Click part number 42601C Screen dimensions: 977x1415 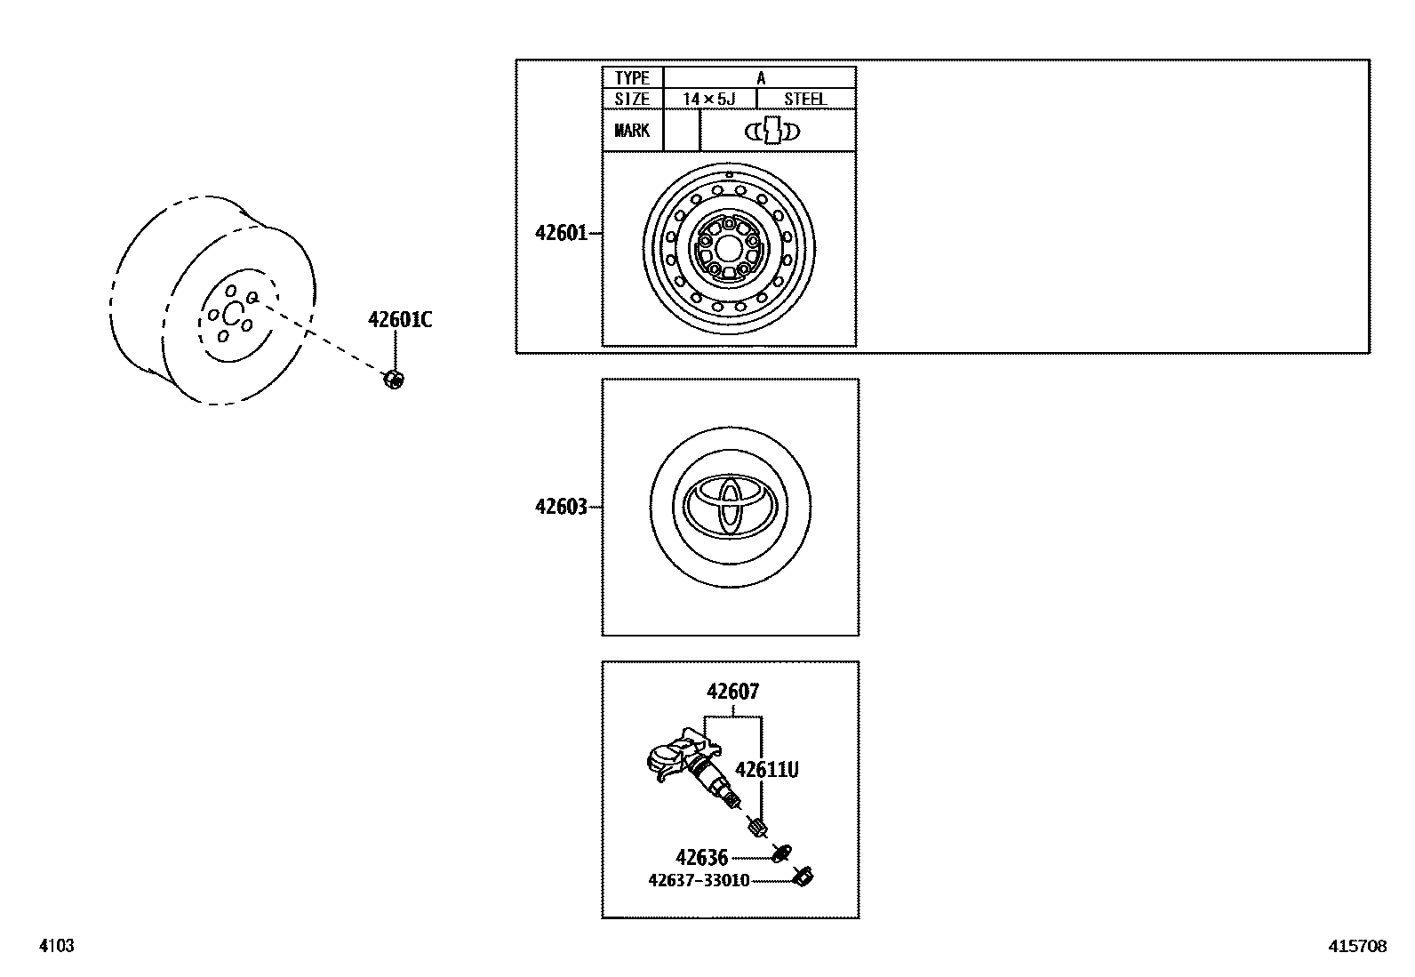(x=400, y=320)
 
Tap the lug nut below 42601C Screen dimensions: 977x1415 (x=393, y=380)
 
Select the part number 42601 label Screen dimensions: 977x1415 (x=561, y=234)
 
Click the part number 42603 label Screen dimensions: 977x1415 (x=561, y=508)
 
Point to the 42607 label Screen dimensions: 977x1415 (x=733, y=692)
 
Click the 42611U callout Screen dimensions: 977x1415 (x=766, y=770)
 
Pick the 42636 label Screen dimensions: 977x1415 (x=701, y=858)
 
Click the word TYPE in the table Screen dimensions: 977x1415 (x=632, y=78)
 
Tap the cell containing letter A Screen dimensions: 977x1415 (x=761, y=78)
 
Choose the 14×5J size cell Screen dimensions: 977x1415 (x=709, y=99)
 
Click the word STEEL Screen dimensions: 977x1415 (x=805, y=99)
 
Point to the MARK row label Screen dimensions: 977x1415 (x=632, y=131)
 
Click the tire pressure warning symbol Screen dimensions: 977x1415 (x=772, y=132)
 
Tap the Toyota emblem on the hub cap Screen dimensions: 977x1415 (x=730, y=507)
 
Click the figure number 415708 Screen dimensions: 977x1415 (x=1357, y=947)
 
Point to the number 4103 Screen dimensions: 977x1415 (x=56, y=947)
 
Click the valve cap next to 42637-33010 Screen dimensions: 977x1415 (x=805, y=877)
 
